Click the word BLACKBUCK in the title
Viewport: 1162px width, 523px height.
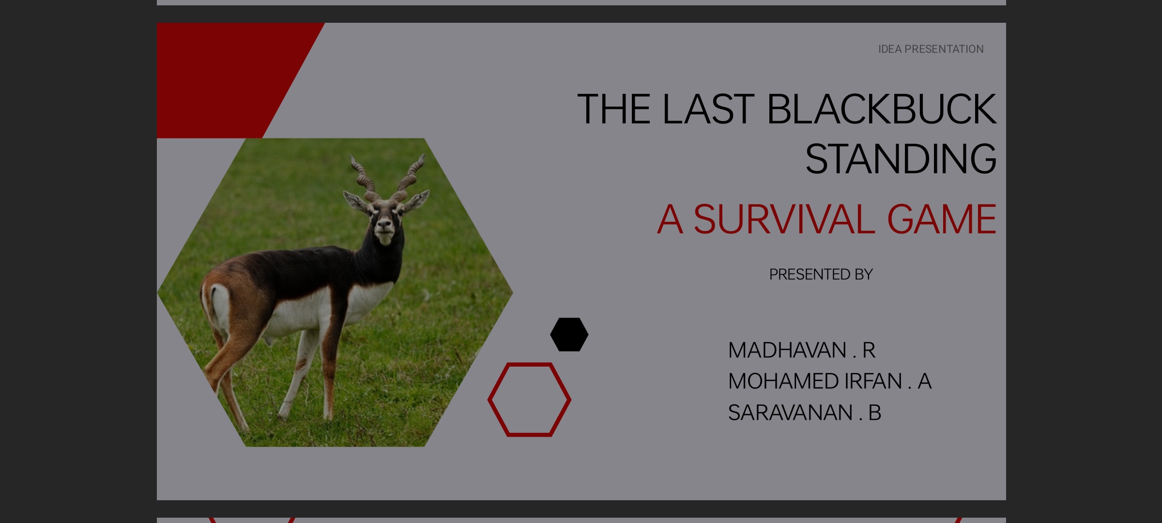click(881, 109)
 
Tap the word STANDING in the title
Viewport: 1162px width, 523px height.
click(901, 159)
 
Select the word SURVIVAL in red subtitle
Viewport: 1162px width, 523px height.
click(784, 219)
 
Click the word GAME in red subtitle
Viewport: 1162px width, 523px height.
click(941, 219)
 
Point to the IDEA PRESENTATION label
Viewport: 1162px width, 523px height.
click(931, 49)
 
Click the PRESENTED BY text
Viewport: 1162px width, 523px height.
click(821, 275)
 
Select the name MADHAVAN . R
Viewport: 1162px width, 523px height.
click(801, 350)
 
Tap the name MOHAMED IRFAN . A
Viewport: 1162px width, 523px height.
click(829, 382)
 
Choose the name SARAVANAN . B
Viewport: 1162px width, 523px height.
click(804, 413)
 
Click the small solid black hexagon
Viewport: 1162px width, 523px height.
click(569, 334)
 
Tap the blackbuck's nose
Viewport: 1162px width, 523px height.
click(384, 225)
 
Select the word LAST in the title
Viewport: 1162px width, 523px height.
click(708, 109)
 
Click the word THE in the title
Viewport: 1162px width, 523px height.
click(613, 109)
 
